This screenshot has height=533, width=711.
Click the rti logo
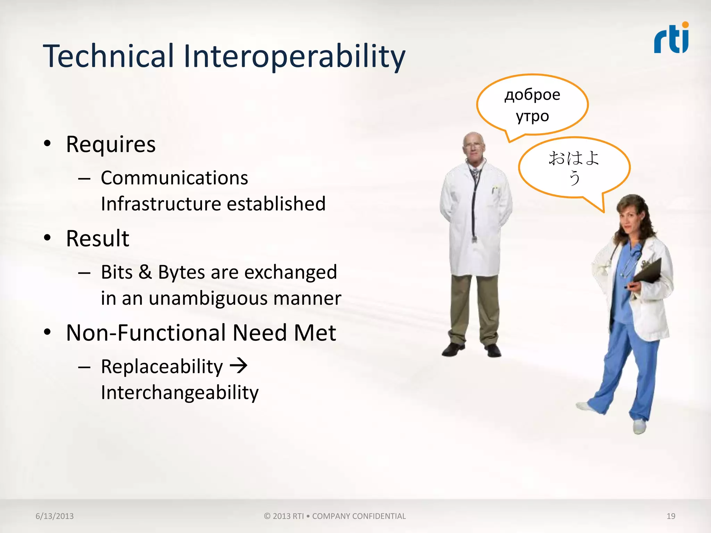click(671, 39)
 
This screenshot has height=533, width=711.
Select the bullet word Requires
click(111, 144)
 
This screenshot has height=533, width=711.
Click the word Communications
click(174, 178)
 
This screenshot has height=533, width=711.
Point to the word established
click(276, 204)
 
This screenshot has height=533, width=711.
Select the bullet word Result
click(98, 239)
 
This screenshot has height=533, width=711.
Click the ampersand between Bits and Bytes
click(145, 272)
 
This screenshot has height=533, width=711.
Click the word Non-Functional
click(145, 333)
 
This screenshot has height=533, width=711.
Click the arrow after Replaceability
click(239, 366)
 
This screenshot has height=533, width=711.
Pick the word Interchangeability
click(179, 392)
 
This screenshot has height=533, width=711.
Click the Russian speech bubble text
click(532, 105)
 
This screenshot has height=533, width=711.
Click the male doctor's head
click(473, 146)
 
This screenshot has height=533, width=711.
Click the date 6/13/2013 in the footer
click(55, 516)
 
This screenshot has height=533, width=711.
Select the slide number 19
click(671, 516)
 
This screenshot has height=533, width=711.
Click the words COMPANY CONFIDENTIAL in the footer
click(359, 516)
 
